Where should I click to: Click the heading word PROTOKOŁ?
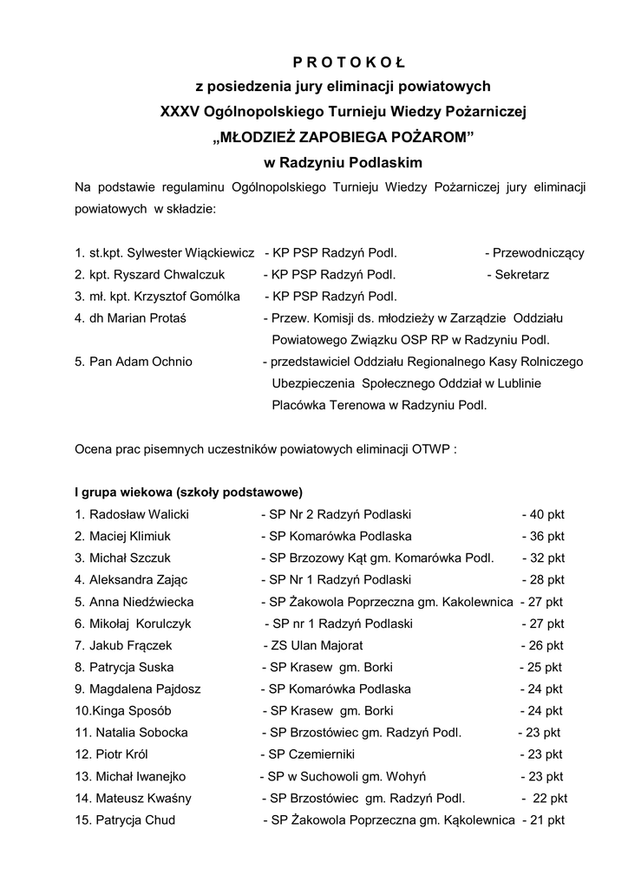(x=343, y=62)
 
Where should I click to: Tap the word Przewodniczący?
(x=538, y=253)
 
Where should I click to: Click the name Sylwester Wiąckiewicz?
(x=191, y=253)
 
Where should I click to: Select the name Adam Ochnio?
(x=141, y=362)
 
